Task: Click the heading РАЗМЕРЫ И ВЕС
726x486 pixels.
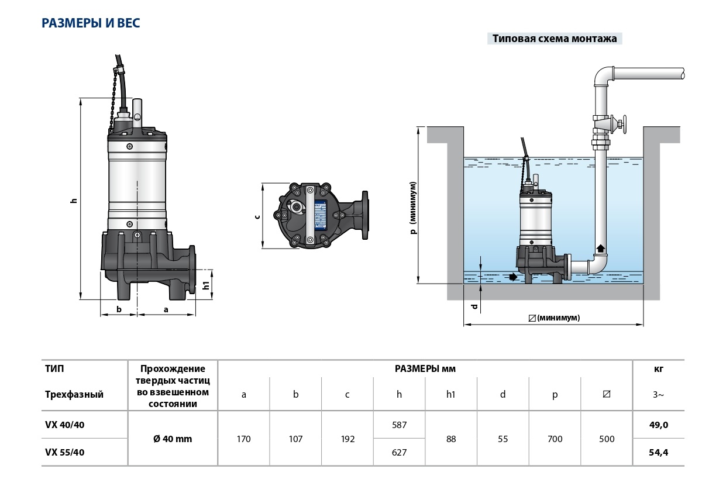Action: tap(91, 23)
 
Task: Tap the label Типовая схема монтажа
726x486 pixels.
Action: tap(555, 39)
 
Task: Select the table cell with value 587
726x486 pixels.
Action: tap(399, 425)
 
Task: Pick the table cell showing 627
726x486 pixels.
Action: tap(399, 452)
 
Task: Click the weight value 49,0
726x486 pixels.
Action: tap(658, 425)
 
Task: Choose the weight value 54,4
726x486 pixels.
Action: tap(658, 452)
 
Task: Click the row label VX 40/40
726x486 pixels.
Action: tap(65, 425)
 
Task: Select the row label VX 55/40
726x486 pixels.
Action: tap(65, 452)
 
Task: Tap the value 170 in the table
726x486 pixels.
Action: tap(243, 439)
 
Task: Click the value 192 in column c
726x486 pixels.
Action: tap(347, 439)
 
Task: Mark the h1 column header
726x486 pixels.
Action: tap(450, 394)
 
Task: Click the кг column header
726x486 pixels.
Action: tap(658, 369)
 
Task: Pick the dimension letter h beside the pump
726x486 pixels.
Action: tap(74, 200)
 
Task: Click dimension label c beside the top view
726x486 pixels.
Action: tap(257, 216)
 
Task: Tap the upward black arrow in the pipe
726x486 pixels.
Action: tap(600, 249)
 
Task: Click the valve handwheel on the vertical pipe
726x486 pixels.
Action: tap(622, 124)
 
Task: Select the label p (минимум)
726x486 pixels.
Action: tap(413, 208)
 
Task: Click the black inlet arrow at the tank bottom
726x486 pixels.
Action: tap(513, 277)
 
